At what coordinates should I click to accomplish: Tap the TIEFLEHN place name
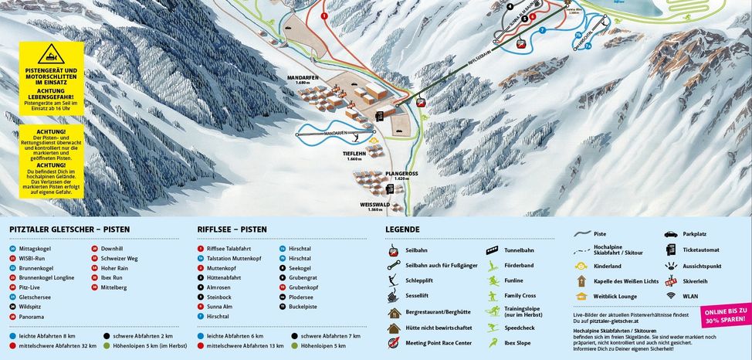(354, 154)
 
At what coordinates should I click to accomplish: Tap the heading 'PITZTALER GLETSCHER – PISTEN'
(69, 229)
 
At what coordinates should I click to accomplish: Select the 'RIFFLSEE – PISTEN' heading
(232, 229)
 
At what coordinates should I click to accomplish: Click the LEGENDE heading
(402, 229)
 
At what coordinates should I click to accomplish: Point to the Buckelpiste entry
(304, 307)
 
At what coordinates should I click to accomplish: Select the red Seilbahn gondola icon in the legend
(394, 250)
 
